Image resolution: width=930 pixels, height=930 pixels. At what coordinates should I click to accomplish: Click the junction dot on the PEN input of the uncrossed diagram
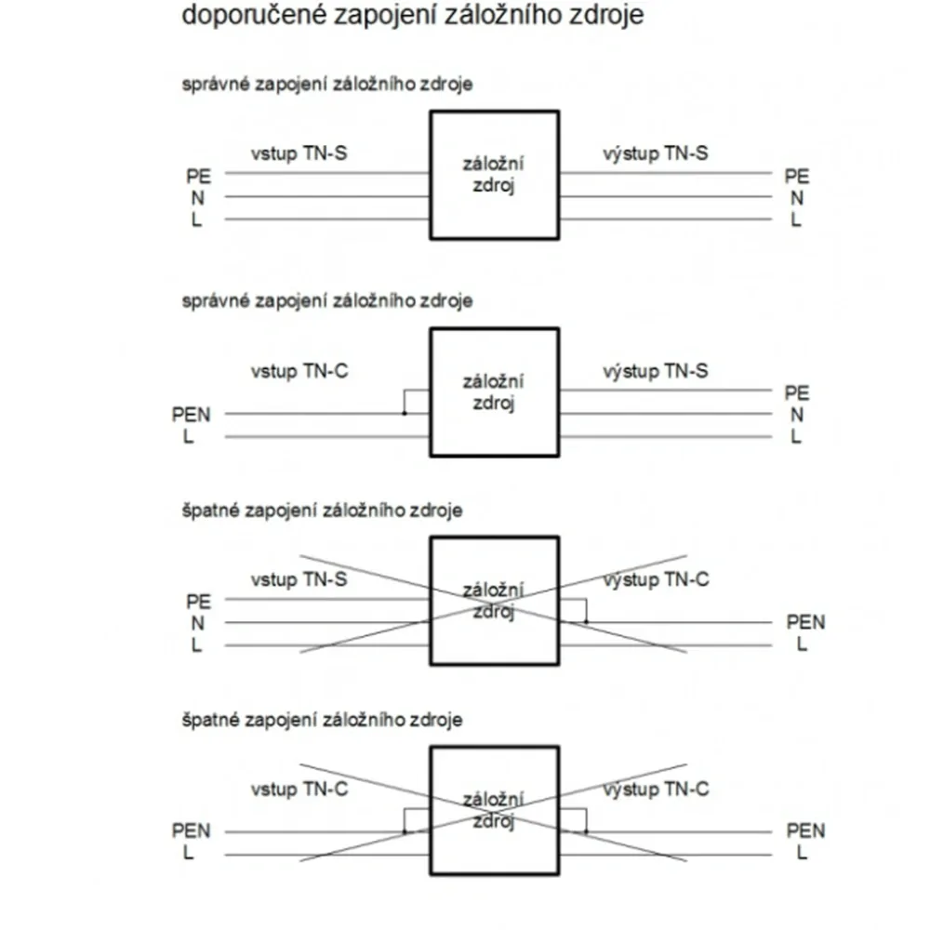405,414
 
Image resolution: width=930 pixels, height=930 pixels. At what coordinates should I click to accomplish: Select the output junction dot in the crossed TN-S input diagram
586,622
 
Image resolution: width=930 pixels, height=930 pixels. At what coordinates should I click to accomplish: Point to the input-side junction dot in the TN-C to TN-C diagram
405,831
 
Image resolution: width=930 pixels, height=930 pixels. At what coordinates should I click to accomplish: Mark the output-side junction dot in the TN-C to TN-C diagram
586,831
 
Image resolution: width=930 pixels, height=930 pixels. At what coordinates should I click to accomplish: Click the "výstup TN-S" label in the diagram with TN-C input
656,371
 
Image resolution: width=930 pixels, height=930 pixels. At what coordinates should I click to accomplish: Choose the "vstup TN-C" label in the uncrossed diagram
299,371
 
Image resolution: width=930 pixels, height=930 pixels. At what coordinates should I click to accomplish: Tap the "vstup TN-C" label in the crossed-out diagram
299,790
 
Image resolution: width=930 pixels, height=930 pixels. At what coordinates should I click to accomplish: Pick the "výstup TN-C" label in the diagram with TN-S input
656,579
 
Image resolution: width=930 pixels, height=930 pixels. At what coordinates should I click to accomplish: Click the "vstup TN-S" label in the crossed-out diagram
299,579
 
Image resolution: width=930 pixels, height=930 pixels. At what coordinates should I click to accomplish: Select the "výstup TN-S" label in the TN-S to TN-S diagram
656,153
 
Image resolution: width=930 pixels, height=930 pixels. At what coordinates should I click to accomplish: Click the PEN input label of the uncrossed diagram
191,414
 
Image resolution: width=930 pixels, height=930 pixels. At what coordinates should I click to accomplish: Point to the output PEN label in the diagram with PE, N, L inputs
805,622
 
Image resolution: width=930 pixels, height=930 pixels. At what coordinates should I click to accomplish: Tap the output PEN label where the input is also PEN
805,830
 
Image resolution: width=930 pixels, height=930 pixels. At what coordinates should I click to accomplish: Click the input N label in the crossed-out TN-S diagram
197,623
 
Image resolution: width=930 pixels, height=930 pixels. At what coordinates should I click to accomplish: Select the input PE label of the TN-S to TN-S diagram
198,176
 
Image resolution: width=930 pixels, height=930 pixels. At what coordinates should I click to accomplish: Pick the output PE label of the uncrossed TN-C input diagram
797,393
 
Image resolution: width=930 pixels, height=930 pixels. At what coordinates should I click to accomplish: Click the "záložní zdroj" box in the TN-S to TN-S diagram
495,175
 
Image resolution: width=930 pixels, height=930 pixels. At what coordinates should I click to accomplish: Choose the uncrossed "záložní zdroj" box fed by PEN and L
495,392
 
